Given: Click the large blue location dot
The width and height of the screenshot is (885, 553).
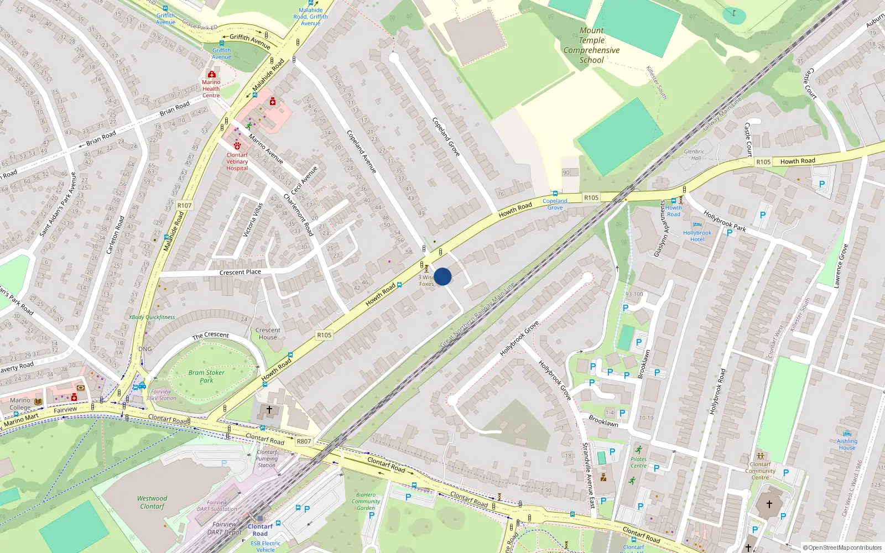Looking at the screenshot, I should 442,276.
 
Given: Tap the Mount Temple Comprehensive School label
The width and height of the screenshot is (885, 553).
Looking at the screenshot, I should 591,45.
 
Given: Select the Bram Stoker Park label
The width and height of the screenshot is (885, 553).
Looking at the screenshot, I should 206,376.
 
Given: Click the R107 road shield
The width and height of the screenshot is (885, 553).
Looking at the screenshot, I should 184,206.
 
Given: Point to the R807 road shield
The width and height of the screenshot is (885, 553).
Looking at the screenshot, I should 304,441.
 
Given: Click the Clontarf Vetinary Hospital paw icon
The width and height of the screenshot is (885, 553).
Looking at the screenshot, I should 237,145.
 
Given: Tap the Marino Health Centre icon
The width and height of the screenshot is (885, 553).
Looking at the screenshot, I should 211,74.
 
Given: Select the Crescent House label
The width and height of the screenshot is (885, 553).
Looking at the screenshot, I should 268,333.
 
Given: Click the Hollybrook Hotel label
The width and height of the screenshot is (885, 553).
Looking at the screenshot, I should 697,236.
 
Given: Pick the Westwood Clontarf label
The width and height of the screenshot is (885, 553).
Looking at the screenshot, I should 152,502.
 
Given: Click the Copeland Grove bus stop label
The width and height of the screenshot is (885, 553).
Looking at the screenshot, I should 555,204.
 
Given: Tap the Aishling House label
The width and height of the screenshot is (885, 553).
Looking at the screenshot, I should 847,444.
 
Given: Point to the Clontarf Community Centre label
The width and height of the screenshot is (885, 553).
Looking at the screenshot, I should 760,471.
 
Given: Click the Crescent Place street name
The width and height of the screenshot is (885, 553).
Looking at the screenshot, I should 240,272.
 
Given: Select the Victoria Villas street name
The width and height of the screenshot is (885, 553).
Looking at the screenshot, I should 253,220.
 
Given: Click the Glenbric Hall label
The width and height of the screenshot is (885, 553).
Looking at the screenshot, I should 694,154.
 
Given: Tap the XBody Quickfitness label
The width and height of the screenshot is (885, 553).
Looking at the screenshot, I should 152,317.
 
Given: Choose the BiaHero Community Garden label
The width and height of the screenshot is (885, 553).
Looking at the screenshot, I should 366,501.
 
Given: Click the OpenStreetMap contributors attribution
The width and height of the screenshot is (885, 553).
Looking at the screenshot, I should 842,547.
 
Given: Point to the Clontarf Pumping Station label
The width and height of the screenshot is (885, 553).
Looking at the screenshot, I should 267,458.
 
